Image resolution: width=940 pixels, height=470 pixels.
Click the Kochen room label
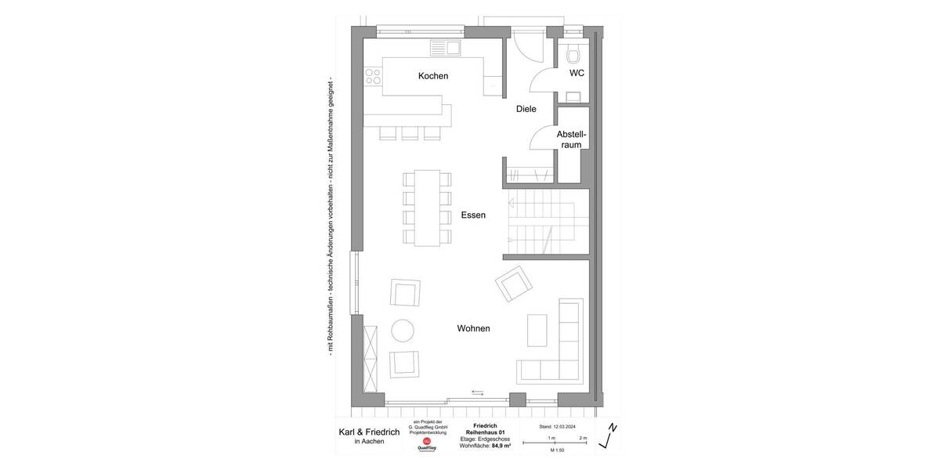pyautogui.click(x=433, y=76)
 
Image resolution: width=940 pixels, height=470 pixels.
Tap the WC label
pyautogui.click(x=577, y=74)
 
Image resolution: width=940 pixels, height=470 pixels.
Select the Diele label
pyautogui.click(x=526, y=109)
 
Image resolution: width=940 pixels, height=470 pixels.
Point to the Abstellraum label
pyautogui.click(x=570, y=139)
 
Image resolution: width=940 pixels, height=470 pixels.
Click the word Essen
pyautogui.click(x=474, y=215)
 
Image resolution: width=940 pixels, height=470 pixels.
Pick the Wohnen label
pyautogui.click(x=473, y=329)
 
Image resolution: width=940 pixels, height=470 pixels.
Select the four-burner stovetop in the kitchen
pyautogui.click(x=373, y=76)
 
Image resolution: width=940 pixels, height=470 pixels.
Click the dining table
pyautogui.click(x=428, y=208)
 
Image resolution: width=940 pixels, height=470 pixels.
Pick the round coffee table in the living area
pyautogui.click(x=403, y=331)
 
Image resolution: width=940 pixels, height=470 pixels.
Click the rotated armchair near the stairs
pyautogui.click(x=514, y=284)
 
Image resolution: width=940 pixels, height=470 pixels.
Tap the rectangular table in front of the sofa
pyautogui.click(x=537, y=330)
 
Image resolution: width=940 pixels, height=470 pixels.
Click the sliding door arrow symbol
pyautogui.click(x=478, y=392)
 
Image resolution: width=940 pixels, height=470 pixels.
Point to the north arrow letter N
pyautogui.click(x=613, y=428)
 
